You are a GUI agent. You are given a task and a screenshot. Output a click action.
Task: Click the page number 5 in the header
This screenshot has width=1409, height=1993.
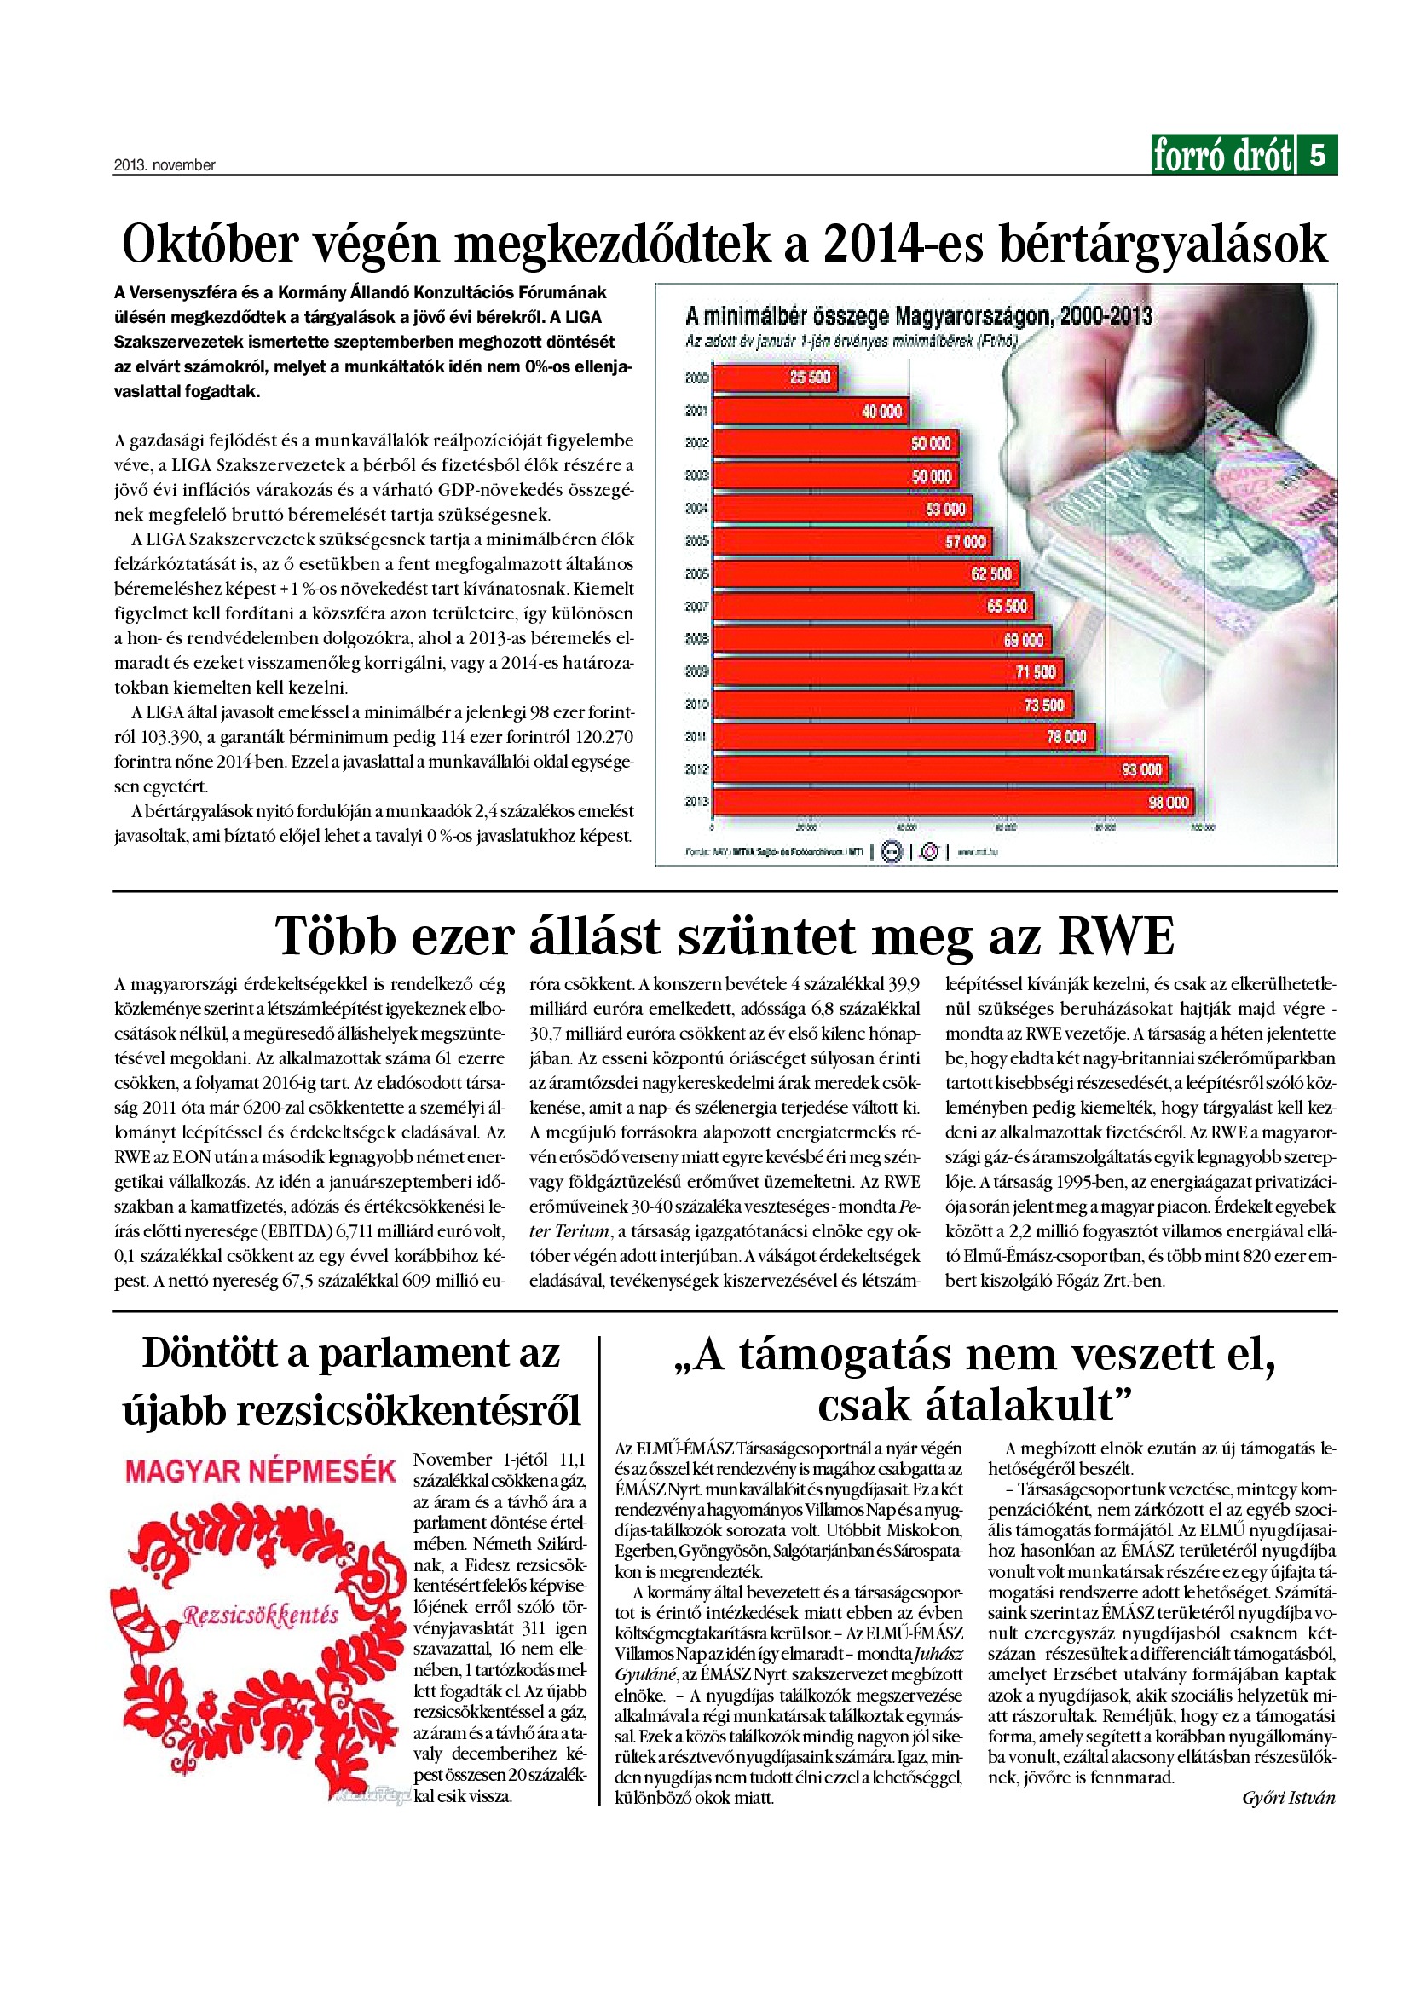click(1317, 155)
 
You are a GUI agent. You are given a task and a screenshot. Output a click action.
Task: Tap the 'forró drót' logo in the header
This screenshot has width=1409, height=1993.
click(1221, 156)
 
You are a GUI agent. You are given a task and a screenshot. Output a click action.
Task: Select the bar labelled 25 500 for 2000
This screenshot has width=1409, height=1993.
click(772, 377)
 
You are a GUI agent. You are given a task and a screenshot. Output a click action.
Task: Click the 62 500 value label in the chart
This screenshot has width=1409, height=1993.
click(990, 573)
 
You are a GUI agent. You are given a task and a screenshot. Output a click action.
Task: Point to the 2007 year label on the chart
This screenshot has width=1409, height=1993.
click(697, 607)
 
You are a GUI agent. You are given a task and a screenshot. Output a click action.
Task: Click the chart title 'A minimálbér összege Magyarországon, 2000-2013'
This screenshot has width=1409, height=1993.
click(919, 315)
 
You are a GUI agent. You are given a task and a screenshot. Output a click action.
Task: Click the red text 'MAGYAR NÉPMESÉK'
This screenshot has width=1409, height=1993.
click(261, 1471)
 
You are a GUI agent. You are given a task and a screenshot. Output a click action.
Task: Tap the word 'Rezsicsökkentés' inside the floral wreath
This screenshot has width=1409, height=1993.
click(261, 1616)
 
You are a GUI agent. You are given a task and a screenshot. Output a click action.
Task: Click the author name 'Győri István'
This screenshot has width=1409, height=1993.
click(1288, 1798)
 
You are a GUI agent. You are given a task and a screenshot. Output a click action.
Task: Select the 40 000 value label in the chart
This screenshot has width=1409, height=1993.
click(881, 411)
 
